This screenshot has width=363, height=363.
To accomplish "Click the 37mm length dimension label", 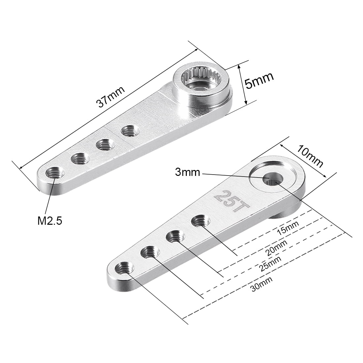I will [x=111, y=97].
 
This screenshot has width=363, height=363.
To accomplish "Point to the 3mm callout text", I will [x=188, y=172].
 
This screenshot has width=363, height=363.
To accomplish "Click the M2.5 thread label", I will [x=50, y=220].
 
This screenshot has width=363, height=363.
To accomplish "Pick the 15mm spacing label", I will [x=288, y=228].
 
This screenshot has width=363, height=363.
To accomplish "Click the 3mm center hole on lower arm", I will [x=272, y=178].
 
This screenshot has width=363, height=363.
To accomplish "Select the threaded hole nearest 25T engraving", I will [x=200, y=220].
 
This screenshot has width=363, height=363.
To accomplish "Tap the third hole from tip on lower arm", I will [x=175, y=236].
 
